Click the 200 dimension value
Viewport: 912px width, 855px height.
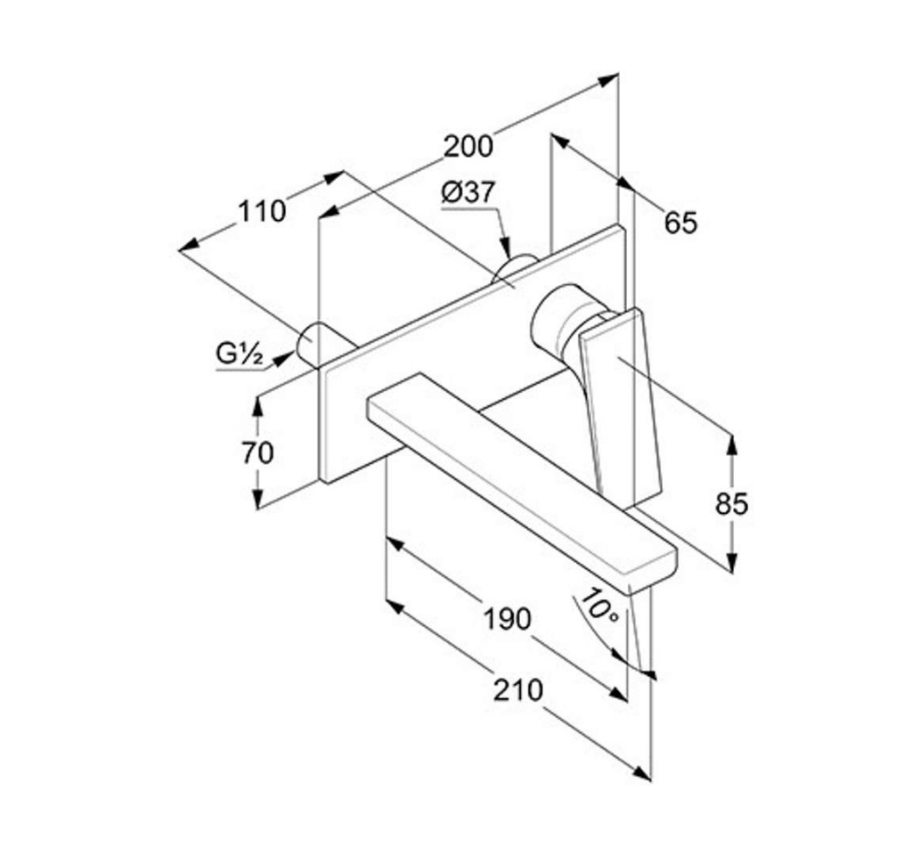click(468, 147)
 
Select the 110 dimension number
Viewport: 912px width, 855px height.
click(262, 211)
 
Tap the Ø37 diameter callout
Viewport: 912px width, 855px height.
click(468, 191)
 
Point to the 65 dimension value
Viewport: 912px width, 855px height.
click(680, 223)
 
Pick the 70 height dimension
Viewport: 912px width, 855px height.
click(257, 452)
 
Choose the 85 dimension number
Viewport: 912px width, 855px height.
click(732, 504)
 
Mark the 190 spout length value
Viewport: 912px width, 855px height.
click(507, 619)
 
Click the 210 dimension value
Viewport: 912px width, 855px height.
click(517, 690)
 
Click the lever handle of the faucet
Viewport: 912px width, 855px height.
click(621, 403)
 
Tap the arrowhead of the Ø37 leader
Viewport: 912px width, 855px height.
click(506, 247)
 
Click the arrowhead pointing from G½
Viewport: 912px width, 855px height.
click(282, 358)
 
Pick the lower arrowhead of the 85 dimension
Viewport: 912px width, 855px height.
click(732, 561)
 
